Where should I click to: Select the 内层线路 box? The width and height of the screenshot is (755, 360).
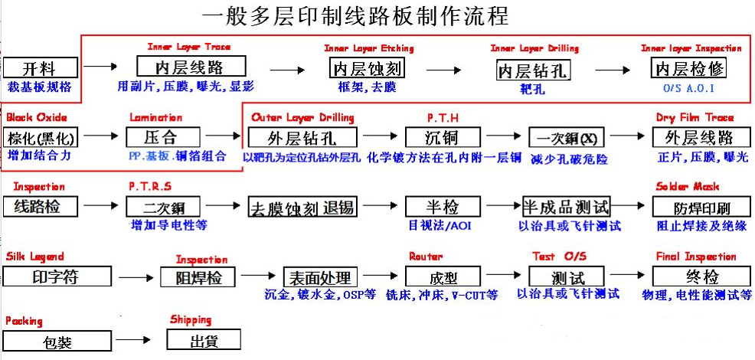tap(191, 66)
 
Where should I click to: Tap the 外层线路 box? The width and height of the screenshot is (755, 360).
tap(698, 138)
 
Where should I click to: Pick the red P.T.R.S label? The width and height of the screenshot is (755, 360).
tap(150, 186)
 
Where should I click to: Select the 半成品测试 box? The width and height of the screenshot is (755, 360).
tap(566, 206)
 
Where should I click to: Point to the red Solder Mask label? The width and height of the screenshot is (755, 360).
tap(686, 186)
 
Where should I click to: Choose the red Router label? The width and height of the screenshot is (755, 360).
tap(426, 256)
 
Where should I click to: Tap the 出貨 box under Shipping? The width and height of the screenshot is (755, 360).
tap(203, 339)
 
